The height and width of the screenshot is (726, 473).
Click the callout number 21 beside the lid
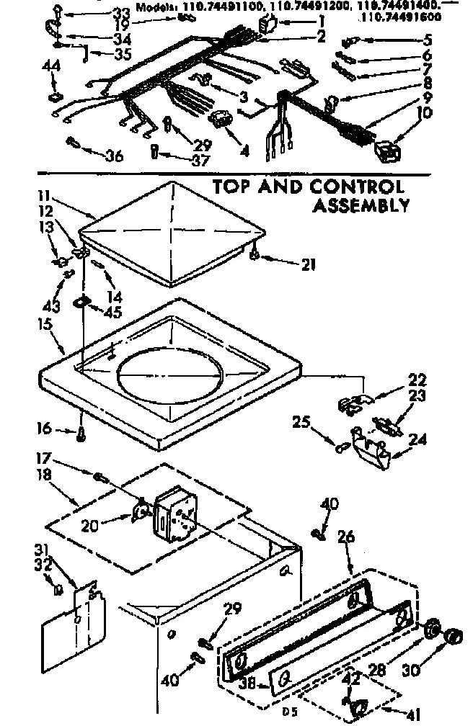[308, 264]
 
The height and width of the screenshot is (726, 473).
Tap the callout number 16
[43, 429]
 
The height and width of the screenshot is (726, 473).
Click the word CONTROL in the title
[356, 187]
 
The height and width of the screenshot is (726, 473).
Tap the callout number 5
[428, 40]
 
